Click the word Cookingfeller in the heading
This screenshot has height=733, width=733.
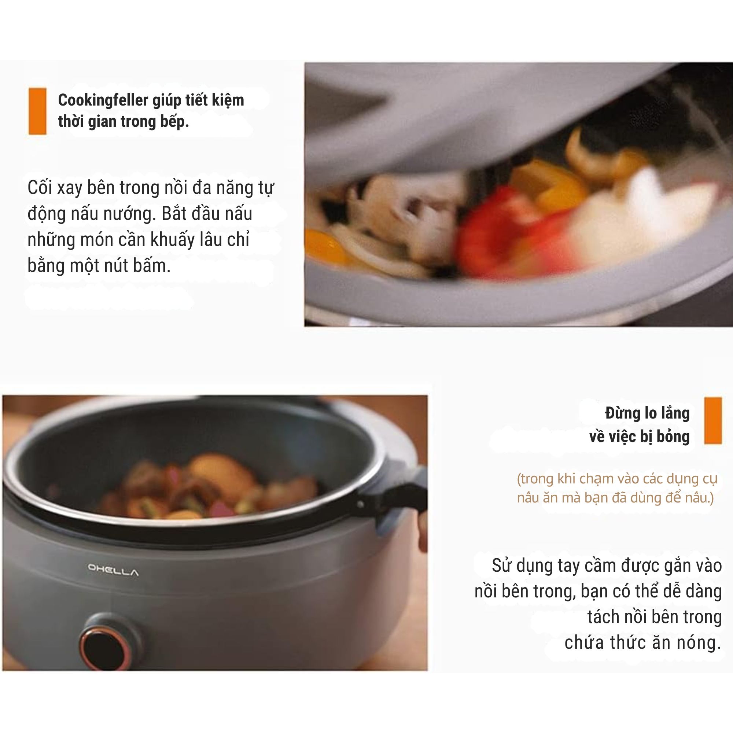[x=103, y=100]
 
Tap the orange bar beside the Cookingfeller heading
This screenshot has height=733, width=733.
[x=37, y=111]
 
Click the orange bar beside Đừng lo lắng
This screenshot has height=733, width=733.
[x=712, y=420]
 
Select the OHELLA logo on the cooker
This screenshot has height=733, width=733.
[x=113, y=570]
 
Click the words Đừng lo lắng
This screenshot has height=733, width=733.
[x=647, y=413]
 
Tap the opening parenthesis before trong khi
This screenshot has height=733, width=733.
[x=519, y=479]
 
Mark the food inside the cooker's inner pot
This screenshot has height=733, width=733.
[x=205, y=489]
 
